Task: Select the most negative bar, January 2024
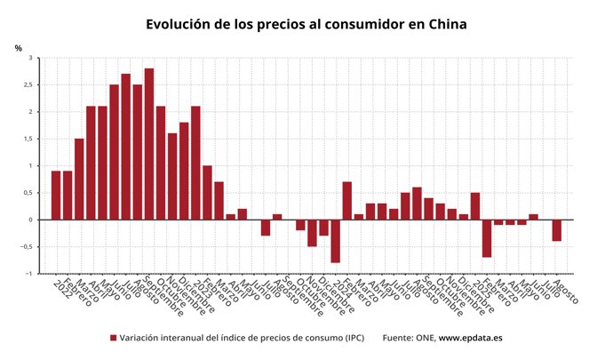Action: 335,241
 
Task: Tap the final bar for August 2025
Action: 556,230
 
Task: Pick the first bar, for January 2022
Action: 56,196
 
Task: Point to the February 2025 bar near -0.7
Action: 487,238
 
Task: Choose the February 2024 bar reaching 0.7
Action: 346,201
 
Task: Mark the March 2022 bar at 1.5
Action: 79,179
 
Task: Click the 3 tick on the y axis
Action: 29,59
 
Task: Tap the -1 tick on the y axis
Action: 28,274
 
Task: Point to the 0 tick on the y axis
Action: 29,220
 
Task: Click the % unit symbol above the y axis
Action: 18,47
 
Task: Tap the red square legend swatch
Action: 113,338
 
